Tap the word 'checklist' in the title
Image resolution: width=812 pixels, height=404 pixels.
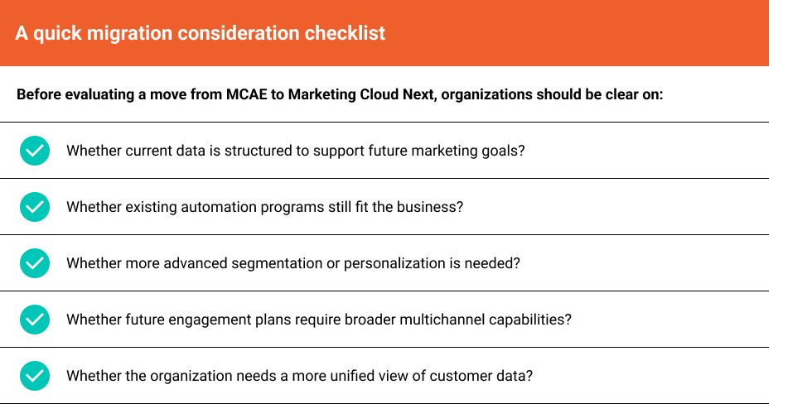(344, 34)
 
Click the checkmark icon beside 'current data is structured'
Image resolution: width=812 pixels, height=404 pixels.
(34, 151)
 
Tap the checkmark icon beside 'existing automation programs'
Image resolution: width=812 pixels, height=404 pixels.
(34, 207)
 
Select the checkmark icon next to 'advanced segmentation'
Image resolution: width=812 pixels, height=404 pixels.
(34, 263)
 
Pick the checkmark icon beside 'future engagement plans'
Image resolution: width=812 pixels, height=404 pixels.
(34, 320)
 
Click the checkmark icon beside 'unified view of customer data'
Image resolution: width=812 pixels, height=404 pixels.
(34, 376)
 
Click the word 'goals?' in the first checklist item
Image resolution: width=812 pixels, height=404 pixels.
(505, 151)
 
